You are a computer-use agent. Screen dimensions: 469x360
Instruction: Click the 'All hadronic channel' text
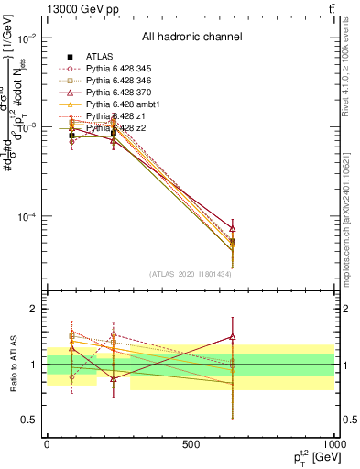point(191,38)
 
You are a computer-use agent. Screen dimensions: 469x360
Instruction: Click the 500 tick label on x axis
point(191,444)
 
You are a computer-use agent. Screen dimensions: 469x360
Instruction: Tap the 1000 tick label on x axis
point(334,444)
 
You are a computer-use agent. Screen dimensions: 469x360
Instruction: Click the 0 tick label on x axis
point(47,444)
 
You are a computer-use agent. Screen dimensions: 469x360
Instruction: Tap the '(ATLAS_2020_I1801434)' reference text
point(191,274)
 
